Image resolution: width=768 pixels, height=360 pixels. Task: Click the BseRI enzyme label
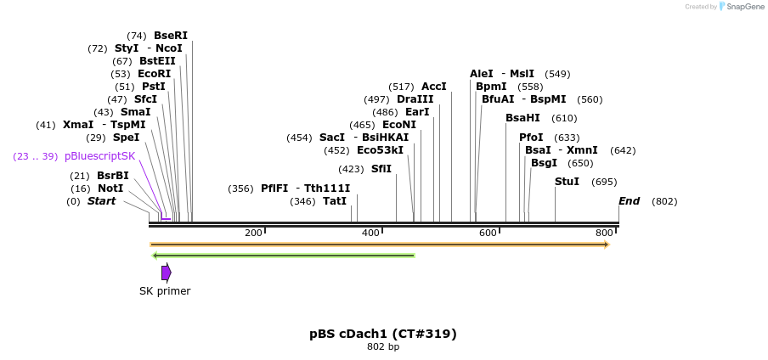[x=170, y=36]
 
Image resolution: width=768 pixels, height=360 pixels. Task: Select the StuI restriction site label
[x=567, y=182]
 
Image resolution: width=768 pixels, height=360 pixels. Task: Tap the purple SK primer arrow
[x=167, y=273]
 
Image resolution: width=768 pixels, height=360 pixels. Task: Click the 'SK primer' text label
[x=165, y=291]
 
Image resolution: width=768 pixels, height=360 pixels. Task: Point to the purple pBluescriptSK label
[x=99, y=156]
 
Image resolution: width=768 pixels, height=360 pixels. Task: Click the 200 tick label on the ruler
[x=253, y=233]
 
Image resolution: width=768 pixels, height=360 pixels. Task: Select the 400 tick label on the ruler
[x=370, y=233]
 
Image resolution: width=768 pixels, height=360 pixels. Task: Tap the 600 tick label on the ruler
[x=488, y=233]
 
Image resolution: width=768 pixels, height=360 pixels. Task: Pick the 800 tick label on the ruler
[x=604, y=233]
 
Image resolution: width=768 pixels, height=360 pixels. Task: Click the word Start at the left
[x=101, y=201]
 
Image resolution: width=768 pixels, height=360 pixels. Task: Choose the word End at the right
[x=629, y=201]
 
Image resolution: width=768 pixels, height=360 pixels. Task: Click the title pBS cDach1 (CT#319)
[x=383, y=334]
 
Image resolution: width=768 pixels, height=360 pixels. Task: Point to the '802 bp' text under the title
[x=383, y=346]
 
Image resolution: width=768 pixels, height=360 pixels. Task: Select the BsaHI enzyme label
[x=522, y=118]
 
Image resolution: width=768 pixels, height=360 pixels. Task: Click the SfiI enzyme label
[x=381, y=169]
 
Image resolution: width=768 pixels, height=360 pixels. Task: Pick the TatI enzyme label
[x=335, y=201]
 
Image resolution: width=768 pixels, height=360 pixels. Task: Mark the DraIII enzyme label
[x=415, y=99]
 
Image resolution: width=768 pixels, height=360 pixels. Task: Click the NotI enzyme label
[x=110, y=188]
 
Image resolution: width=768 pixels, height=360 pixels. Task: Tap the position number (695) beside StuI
[x=604, y=182]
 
